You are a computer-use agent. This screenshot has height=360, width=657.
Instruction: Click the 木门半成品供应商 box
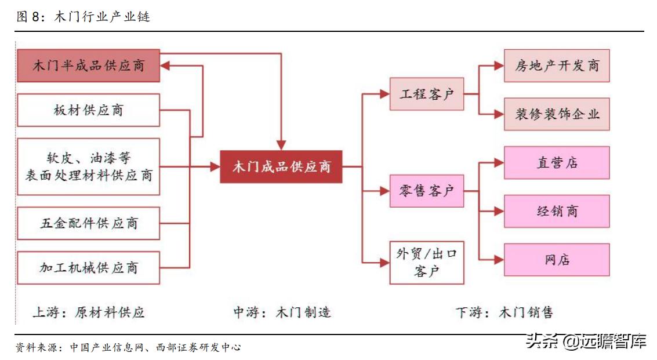88,65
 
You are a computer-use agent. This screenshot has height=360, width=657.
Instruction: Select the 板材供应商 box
88,110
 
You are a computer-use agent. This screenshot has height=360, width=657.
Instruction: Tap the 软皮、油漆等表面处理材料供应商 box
88,166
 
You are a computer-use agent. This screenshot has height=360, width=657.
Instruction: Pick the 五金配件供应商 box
88,223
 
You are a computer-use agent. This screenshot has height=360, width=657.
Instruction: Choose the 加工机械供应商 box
88,267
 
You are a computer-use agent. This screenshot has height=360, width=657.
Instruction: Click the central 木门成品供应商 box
281,167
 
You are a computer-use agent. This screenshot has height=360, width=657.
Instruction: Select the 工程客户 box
426,94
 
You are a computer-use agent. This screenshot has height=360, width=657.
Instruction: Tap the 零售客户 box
426,190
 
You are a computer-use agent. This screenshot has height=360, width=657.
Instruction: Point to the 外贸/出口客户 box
426,263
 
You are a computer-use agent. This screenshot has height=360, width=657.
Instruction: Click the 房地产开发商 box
556,66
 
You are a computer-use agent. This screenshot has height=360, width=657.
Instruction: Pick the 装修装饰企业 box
556,114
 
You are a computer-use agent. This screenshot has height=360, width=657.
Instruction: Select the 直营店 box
556,162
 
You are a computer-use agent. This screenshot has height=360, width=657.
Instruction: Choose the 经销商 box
556,211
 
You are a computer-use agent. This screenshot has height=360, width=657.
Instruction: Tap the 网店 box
556,260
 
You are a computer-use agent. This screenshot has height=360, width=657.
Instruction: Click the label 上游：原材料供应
88,312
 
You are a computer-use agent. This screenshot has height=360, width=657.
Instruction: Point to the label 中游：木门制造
282,312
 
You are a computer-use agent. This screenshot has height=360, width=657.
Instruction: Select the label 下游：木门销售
504,312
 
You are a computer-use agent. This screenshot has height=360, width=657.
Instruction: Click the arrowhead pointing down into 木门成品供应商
281,145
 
